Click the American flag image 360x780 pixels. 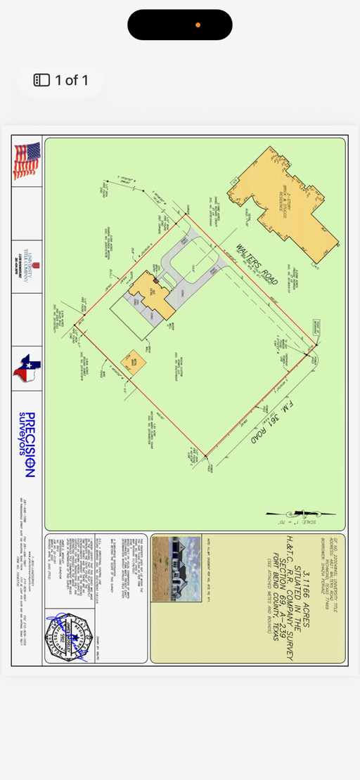tap(26, 161)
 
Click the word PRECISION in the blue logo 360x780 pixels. tap(30, 449)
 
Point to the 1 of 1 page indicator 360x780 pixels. tap(61, 80)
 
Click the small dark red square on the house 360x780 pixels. tap(156, 280)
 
